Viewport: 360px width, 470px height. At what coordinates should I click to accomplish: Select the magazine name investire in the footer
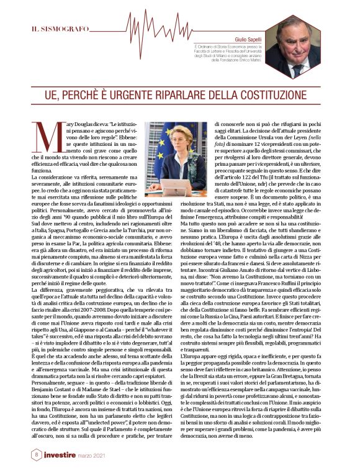coord(68,455)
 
